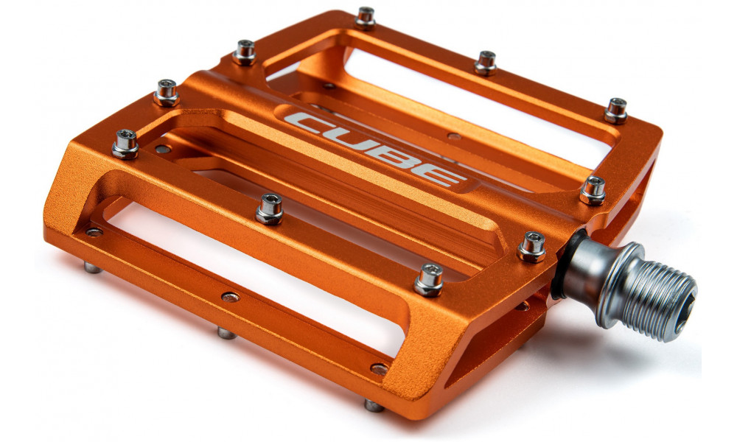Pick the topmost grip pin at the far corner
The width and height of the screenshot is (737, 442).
tap(366, 15)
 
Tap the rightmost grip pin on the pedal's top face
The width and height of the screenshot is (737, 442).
tap(616, 109)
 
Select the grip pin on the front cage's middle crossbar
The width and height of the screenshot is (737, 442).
tap(269, 208)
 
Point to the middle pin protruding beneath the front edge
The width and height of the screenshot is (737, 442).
tap(226, 333)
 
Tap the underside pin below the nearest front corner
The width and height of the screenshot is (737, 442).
tap(374, 404)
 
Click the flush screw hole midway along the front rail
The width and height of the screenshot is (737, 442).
tap(231, 298)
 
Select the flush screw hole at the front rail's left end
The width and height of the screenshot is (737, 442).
tap(94, 232)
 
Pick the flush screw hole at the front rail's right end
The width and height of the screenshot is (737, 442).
tap(380, 369)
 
